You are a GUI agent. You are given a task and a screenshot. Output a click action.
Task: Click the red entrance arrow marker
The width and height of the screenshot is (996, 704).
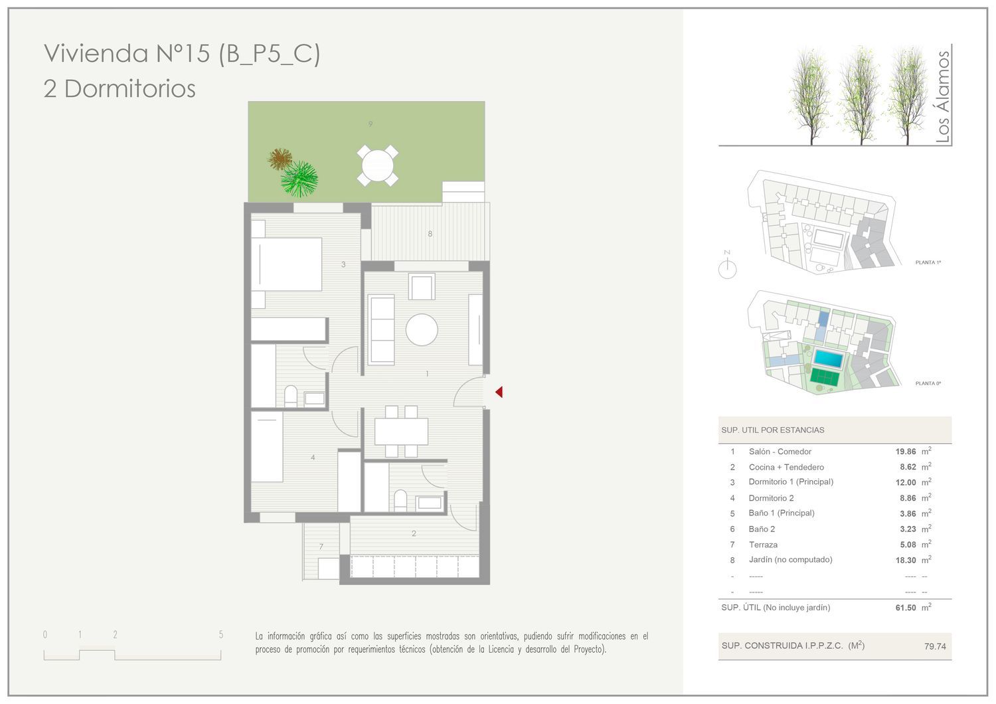tap(499, 392)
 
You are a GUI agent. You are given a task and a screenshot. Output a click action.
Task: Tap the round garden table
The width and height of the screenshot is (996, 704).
tap(378, 165)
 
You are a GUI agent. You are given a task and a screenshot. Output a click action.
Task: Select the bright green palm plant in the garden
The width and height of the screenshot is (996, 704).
tap(299, 179)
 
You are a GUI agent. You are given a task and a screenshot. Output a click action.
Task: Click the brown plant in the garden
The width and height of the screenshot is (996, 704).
tap(280, 159)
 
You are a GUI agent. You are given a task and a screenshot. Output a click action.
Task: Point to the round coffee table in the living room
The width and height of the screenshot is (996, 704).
tap(422, 329)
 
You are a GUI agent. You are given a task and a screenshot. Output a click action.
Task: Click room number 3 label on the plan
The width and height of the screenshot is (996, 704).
tap(343, 264)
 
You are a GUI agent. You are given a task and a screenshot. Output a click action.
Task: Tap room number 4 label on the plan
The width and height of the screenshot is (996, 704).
tap(313, 457)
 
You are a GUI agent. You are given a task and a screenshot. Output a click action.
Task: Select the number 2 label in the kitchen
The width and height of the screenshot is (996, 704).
tap(414, 533)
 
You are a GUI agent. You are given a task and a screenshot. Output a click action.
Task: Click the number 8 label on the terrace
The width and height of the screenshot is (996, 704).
tap(430, 234)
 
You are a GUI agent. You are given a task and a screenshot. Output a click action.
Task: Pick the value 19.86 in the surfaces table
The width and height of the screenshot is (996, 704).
tap(906, 452)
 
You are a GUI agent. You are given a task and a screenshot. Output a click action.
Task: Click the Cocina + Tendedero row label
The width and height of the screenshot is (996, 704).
tap(786, 467)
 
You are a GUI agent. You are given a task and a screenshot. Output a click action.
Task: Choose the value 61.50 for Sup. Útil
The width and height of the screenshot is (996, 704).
tap(906, 608)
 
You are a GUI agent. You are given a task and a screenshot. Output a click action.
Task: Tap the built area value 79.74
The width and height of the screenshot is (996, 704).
tap(935, 646)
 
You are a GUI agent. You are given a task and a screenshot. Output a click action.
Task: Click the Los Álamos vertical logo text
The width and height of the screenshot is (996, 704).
tap(942, 96)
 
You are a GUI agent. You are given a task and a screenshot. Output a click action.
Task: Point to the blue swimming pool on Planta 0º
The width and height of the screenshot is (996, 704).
tap(828, 359)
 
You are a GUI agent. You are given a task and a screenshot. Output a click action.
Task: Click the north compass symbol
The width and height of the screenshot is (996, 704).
tap(728, 266)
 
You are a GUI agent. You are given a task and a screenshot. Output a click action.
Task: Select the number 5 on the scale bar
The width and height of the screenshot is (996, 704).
tap(221, 635)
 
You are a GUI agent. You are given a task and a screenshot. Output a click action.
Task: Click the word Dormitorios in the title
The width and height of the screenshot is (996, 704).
tap(130, 88)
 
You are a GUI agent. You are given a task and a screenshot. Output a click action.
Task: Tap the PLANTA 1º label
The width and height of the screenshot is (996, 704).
tap(928, 262)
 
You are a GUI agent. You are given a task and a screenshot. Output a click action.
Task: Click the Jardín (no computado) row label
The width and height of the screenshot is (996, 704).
tap(791, 559)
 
